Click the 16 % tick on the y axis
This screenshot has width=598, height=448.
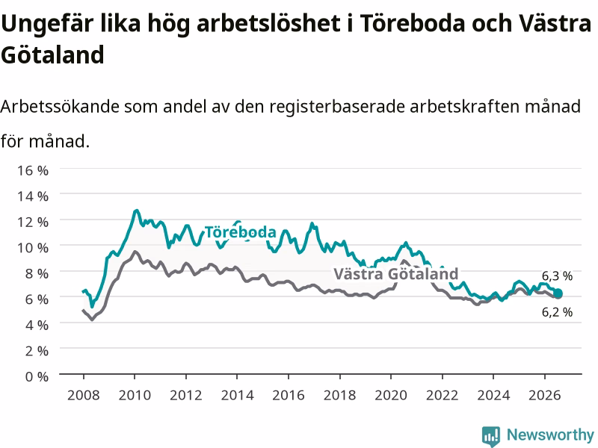pyautogui.click(x=33, y=170)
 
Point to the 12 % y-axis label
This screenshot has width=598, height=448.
pyautogui.click(x=33, y=222)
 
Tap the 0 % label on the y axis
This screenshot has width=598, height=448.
pyautogui.click(x=37, y=376)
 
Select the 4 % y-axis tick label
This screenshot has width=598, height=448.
pyautogui.click(x=37, y=325)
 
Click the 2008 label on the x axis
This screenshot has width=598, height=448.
pyautogui.click(x=84, y=395)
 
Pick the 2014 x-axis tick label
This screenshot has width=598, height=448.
pyautogui.click(x=237, y=395)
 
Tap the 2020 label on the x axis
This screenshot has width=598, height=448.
pyautogui.click(x=391, y=395)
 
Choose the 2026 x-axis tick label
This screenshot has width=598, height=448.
pyautogui.click(x=545, y=395)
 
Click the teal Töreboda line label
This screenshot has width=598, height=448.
pyautogui.click(x=240, y=232)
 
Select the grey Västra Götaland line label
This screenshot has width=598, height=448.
pyautogui.click(x=396, y=273)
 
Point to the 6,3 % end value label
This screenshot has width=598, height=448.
pyautogui.click(x=557, y=276)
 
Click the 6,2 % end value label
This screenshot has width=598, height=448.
pyautogui.click(x=557, y=312)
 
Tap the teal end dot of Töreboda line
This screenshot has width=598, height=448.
pyautogui.click(x=558, y=293)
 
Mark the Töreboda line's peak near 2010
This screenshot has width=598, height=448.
pyautogui.click(x=136, y=211)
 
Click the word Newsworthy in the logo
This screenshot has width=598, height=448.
pyautogui.click(x=550, y=435)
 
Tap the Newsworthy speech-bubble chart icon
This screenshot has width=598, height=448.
pyautogui.click(x=491, y=436)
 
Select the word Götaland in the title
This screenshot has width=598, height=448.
pyautogui.click(x=52, y=55)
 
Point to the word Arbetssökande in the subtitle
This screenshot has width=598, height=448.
pyautogui.click(x=60, y=106)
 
